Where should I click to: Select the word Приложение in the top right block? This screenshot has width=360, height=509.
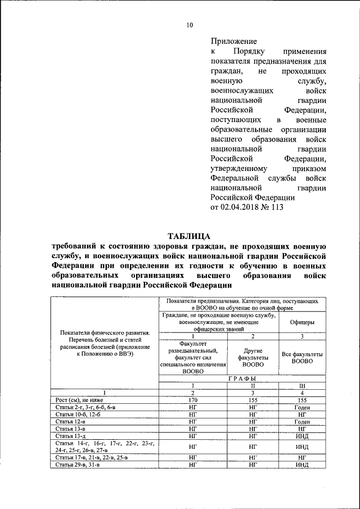tap(233, 41)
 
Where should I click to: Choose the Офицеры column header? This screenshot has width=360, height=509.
tap(301, 323)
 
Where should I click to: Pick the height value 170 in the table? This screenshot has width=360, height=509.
tap(193, 399)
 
